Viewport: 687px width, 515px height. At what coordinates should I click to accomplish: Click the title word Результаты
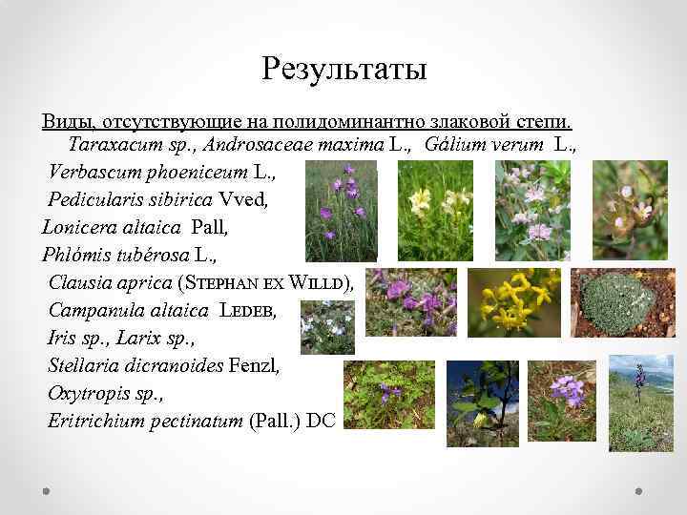343,70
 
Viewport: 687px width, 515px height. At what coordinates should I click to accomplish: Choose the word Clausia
78,282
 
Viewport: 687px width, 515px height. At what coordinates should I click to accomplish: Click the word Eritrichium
91,420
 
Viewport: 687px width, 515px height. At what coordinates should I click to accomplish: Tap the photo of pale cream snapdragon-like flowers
434,210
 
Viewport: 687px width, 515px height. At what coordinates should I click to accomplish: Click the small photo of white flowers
327,327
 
